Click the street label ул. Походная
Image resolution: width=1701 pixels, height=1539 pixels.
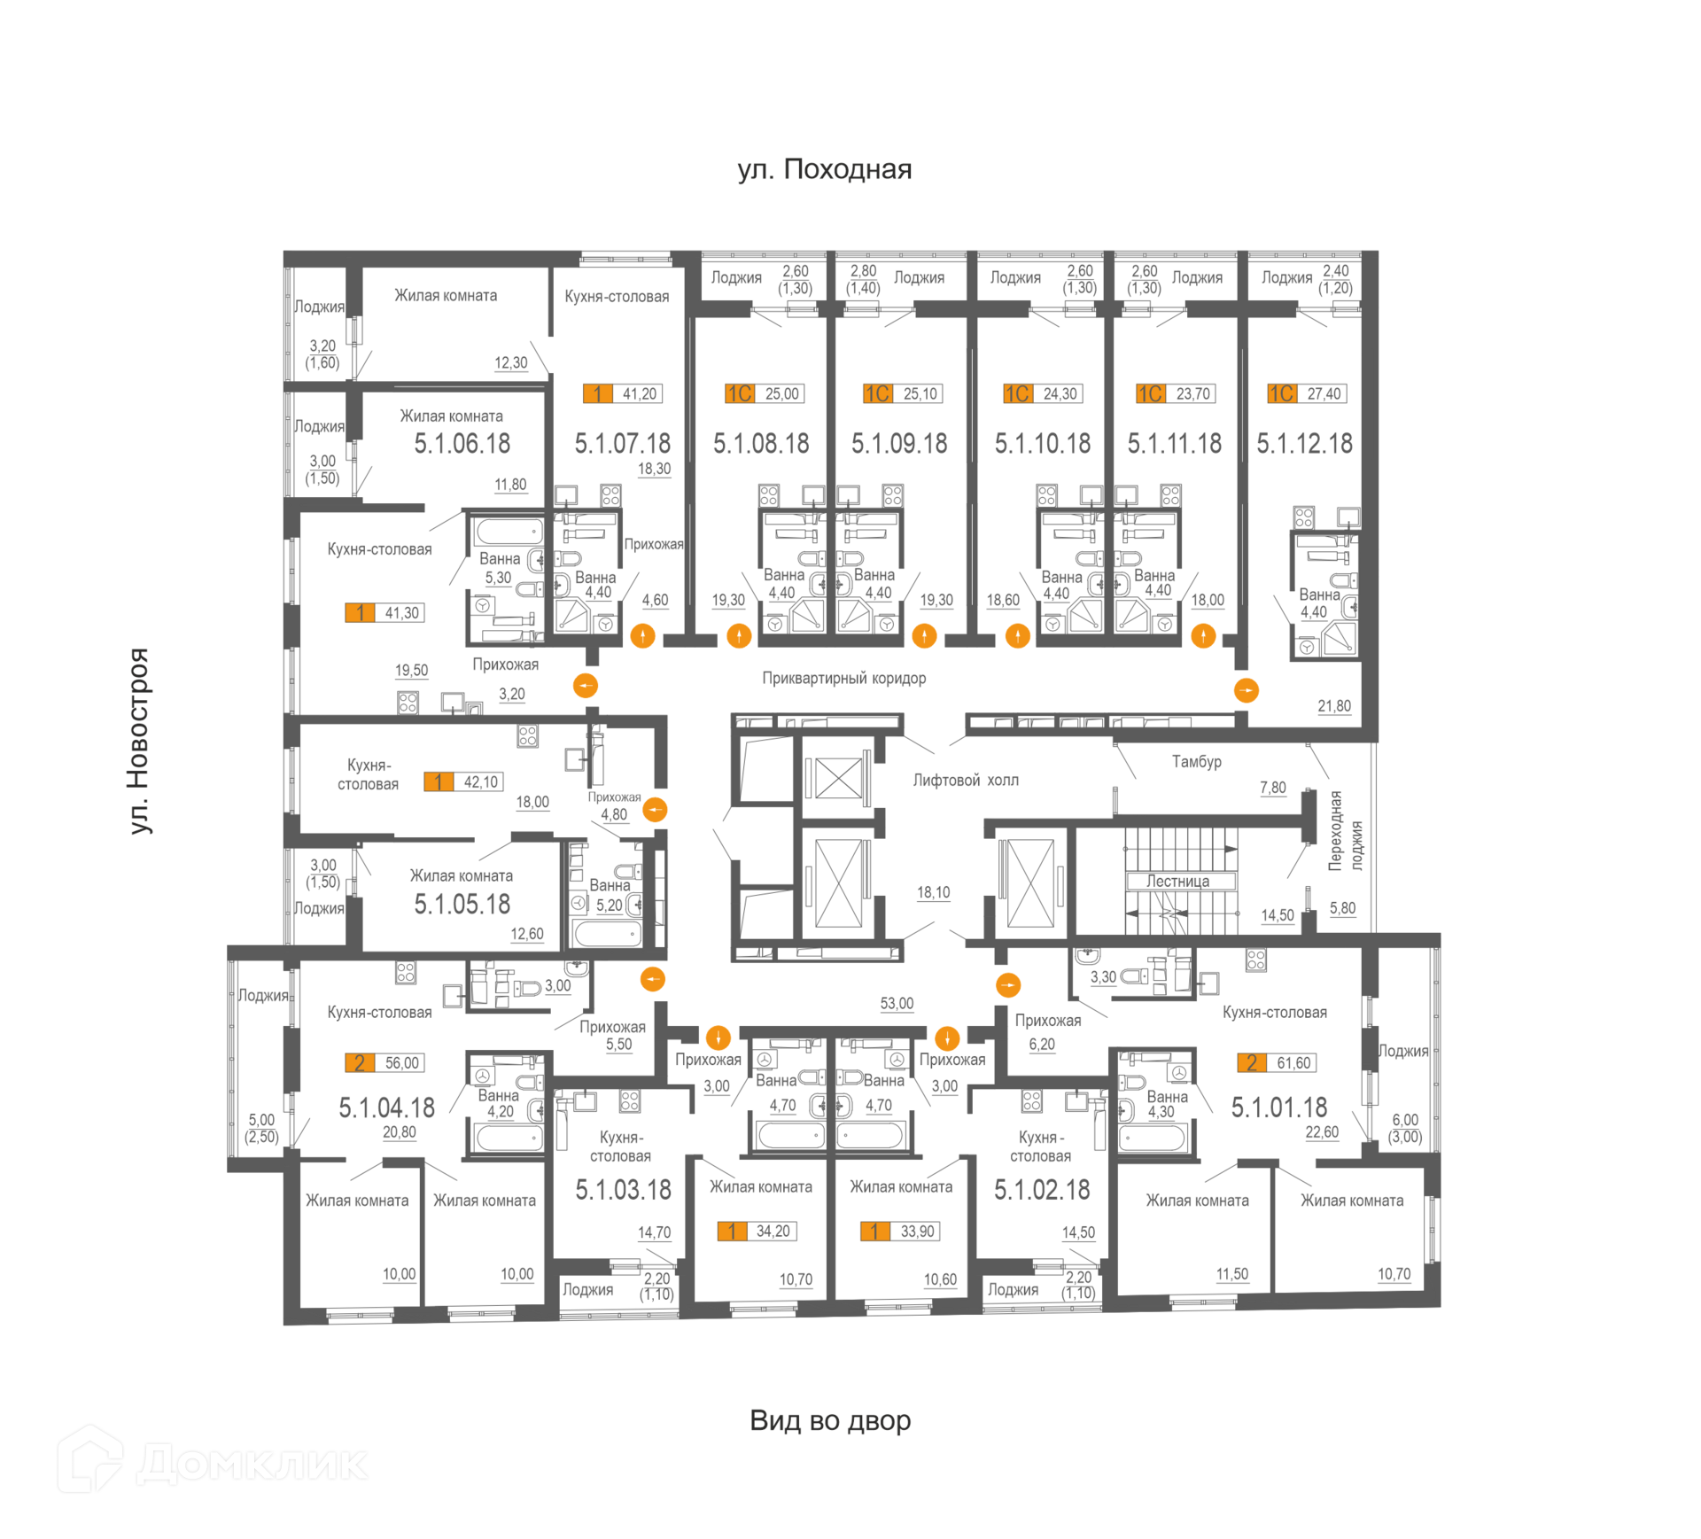pyautogui.click(x=825, y=169)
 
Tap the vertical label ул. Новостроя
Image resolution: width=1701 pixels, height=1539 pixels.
pyautogui.click(x=139, y=741)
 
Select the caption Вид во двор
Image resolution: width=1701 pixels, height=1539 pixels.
pyautogui.click(x=830, y=1420)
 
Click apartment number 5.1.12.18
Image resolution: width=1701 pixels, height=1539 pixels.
pyautogui.click(x=1304, y=443)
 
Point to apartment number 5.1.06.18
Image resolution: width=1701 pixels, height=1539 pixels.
pyautogui.click(x=462, y=443)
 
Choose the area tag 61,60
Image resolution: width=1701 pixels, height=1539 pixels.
pyautogui.click(x=1293, y=1062)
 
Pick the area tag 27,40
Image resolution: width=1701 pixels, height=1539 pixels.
pyautogui.click(x=1324, y=393)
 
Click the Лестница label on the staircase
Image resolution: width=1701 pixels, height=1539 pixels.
pyautogui.click(x=1177, y=881)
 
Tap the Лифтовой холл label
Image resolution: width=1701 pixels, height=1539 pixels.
pyautogui.click(x=966, y=780)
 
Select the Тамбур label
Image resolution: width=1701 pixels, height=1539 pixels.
pyautogui.click(x=1196, y=761)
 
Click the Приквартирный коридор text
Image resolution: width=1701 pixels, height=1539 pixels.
pyautogui.click(x=843, y=678)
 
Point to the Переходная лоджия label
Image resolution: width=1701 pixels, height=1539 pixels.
pyautogui.click(x=1345, y=831)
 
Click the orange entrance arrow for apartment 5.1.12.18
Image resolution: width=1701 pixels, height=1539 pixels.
pyautogui.click(x=1246, y=690)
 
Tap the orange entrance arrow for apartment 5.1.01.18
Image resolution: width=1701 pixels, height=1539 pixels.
pyautogui.click(x=1008, y=984)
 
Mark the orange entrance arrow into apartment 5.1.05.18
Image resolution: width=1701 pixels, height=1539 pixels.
pyautogui.click(x=655, y=810)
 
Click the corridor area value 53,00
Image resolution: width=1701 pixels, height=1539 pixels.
pyautogui.click(x=897, y=1003)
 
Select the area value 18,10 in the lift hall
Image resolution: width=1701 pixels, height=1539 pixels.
pyautogui.click(x=933, y=892)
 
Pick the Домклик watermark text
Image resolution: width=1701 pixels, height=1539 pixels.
pyautogui.click(x=252, y=1464)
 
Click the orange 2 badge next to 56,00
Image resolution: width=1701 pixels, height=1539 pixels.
pyautogui.click(x=360, y=1062)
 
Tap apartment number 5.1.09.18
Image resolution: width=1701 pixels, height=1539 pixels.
pyautogui.click(x=899, y=443)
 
